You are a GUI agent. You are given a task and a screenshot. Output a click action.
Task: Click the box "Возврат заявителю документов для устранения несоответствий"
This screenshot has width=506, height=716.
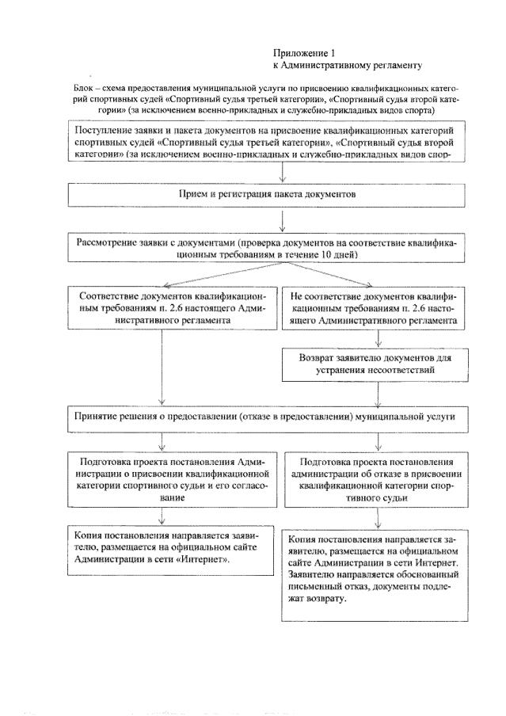pos(377,362)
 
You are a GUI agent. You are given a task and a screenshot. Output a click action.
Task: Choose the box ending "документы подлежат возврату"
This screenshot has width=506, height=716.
pos(377,569)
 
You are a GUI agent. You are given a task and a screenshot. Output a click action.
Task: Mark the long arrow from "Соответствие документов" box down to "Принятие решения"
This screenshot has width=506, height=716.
pos(162,364)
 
